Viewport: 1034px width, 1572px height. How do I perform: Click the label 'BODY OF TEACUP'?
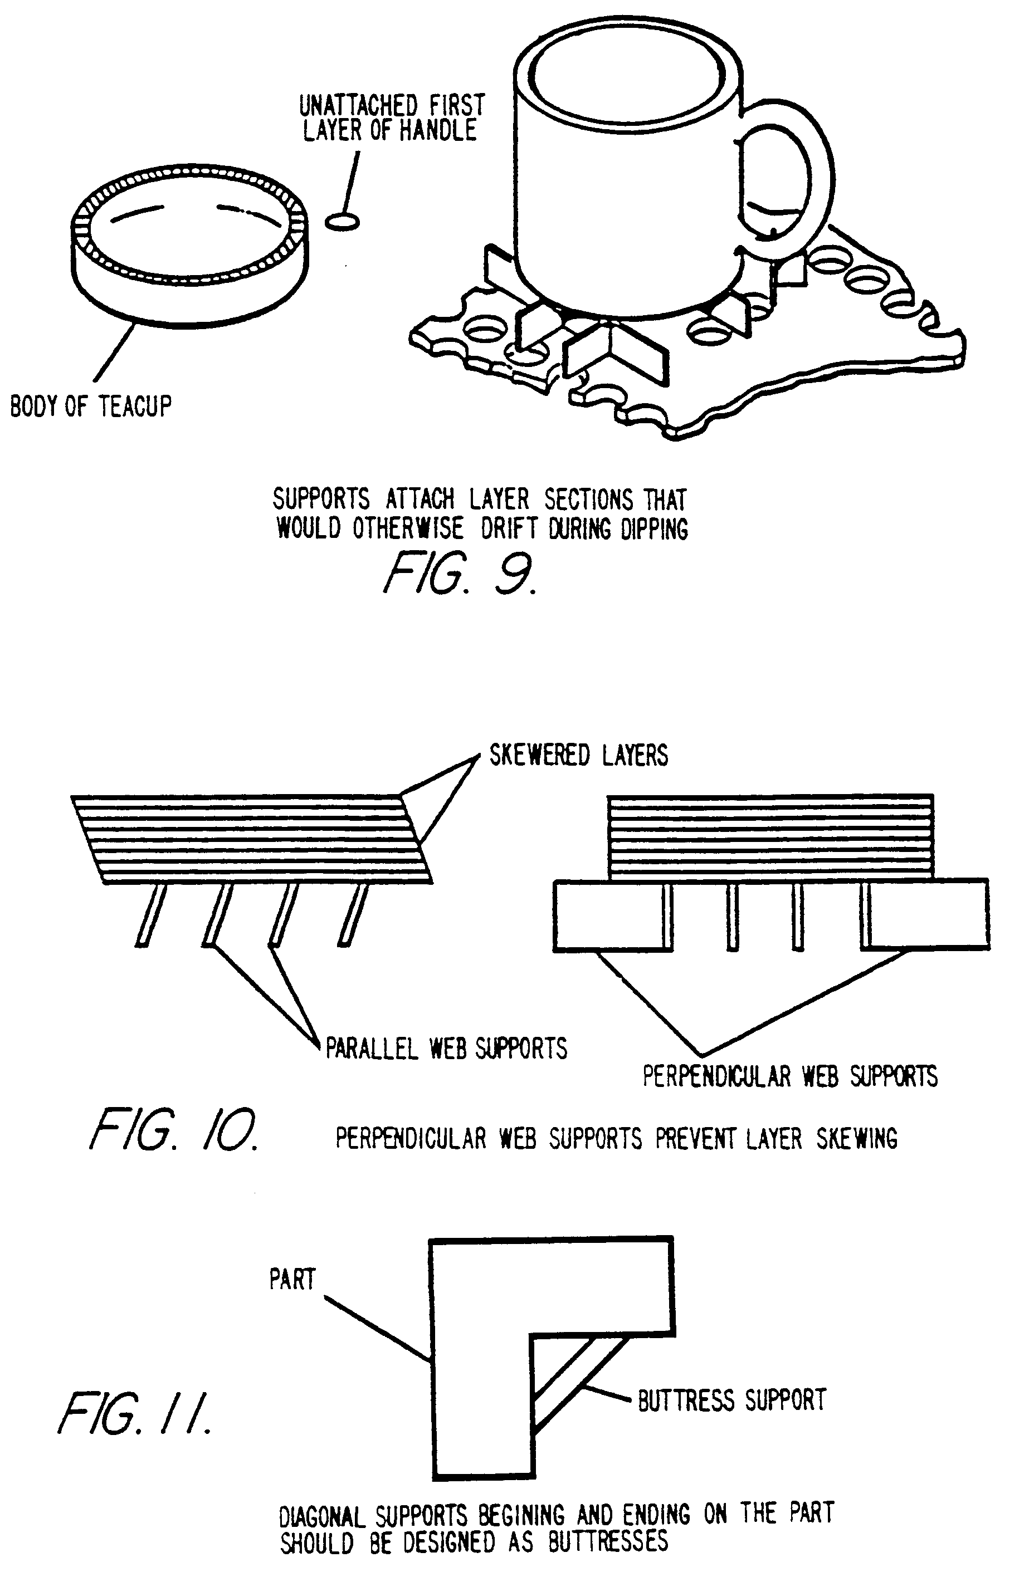[90, 405]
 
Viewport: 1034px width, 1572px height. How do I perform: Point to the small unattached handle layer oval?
[342, 221]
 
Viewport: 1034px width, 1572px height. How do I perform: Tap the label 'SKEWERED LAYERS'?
[578, 755]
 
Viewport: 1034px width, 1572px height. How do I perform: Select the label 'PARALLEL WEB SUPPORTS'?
[446, 1049]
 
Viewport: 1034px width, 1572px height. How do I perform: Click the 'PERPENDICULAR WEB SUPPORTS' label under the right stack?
[789, 1076]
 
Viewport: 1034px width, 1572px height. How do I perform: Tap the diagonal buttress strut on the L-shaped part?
[578, 1383]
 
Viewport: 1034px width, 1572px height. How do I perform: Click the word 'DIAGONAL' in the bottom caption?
[322, 1517]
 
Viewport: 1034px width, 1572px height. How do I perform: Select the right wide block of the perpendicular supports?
[928, 915]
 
